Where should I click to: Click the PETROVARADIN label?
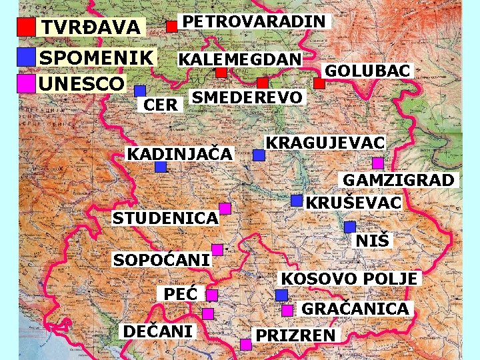(x=255, y=21)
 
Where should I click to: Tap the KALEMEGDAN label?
(x=239, y=59)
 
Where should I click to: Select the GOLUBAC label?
(x=367, y=70)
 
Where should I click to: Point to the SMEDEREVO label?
(x=247, y=97)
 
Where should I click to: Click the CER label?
(x=161, y=105)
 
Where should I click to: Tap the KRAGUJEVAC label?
(x=325, y=143)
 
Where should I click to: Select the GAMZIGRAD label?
(x=399, y=180)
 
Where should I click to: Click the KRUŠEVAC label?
(x=353, y=201)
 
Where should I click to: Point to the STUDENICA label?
(x=165, y=218)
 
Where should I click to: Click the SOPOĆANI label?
(x=161, y=259)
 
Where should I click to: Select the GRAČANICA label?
(x=355, y=309)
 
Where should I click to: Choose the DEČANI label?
(x=158, y=331)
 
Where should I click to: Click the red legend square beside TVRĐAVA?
(x=26, y=27)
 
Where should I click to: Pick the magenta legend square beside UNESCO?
(x=26, y=83)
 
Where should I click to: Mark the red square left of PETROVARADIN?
(x=171, y=27)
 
